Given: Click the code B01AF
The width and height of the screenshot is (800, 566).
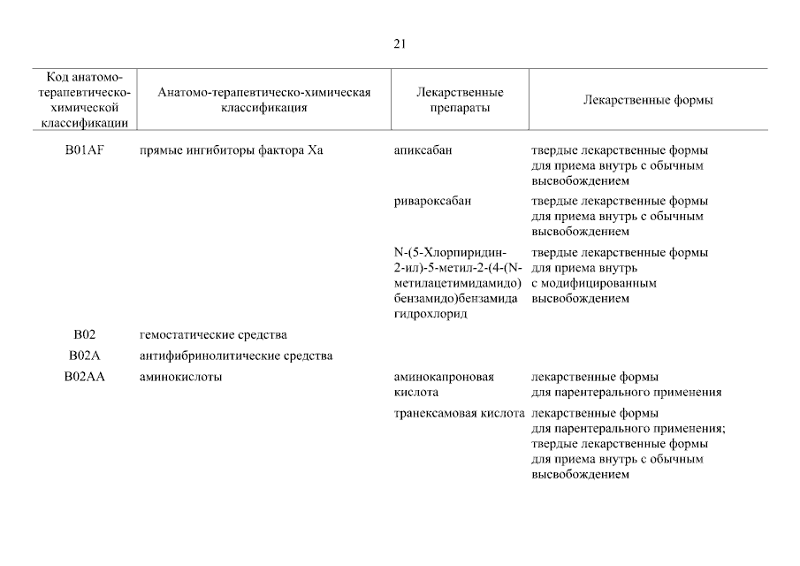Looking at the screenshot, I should pyautogui.click(x=84, y=150).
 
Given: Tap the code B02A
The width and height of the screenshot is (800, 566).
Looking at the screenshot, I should pyautogui.click(x=84, y=356).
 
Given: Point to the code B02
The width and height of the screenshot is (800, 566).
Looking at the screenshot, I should pyautogui.click(x=84, y=335).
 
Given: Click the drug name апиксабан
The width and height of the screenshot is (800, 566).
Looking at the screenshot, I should pyautogui.click(x=423, y=150).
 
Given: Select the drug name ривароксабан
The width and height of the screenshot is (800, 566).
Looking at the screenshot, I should pyautogui.click(x=432, y=201).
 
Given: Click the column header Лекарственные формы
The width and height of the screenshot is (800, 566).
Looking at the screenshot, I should pyautogui.click(x=648, y=100).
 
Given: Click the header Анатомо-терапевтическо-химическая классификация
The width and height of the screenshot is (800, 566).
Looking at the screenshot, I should pyautogui.click(x=264, y=100).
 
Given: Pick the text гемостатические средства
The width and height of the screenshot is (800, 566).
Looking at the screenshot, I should pyautogui.click(x=213, y=335).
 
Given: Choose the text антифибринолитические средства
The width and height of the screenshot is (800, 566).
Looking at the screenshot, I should pyautogui.click(x=236, y=356).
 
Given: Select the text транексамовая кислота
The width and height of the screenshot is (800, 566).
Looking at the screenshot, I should pyautogui.click(x=460, y=414).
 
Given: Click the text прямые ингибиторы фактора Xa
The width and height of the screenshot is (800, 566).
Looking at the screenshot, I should pyautogui.click(x=232, y=150).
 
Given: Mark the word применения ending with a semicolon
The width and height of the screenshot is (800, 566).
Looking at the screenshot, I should pyautogui.click(x=686, y=429).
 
